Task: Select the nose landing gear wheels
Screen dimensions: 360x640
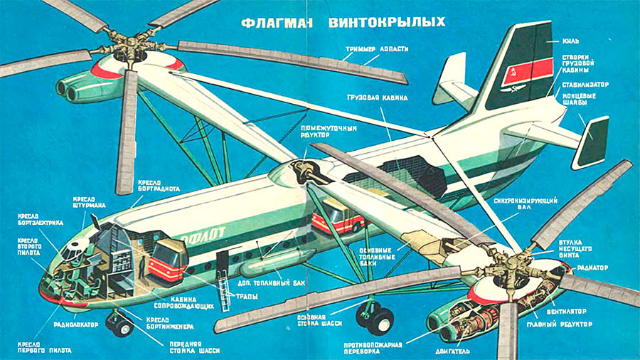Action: coord(119,324)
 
